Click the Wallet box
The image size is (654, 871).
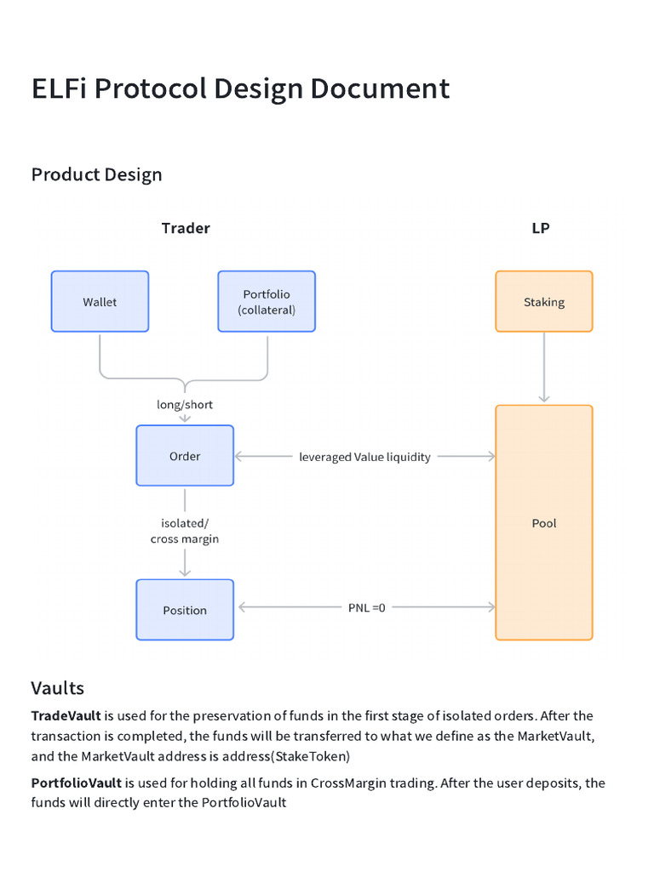coord(100,301)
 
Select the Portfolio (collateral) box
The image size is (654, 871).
coord(267,301)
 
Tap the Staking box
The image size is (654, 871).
coord(543,301)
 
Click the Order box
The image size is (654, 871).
coord(185,456)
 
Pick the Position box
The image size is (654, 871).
coord(185,610)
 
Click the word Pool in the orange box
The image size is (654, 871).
coord(543,523)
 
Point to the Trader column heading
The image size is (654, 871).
coord(186,228)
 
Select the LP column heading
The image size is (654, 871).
coord(540,228)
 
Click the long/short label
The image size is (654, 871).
coord(185,405)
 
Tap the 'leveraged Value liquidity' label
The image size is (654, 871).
coord(364,457)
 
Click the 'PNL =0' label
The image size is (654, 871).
coord(366,607)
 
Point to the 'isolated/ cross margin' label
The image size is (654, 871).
coord(185,532)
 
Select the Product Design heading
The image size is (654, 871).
coord(96,174)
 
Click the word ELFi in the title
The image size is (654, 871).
coord(60,88)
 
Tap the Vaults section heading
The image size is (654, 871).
coord(58,687)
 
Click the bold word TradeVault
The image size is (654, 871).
coord(66,716)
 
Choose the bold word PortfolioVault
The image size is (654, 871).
coord(77,783)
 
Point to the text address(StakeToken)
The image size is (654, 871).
coord(278,755)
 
